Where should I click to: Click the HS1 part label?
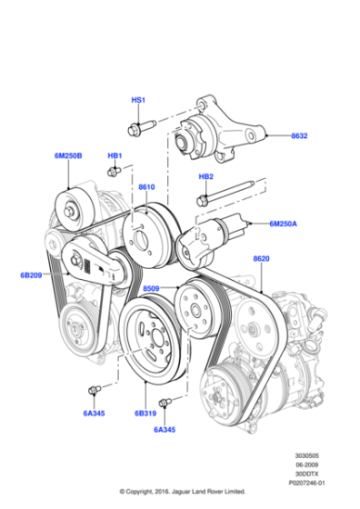tap(138, 99)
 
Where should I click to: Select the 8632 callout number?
tap(299, 135)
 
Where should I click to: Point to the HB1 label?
tap(115, 156)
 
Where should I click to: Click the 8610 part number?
tap(146, 187)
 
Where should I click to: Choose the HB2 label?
tap(206, 176)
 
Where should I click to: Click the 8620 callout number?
tap(261, 259)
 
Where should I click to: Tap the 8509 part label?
tap(152, 289)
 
